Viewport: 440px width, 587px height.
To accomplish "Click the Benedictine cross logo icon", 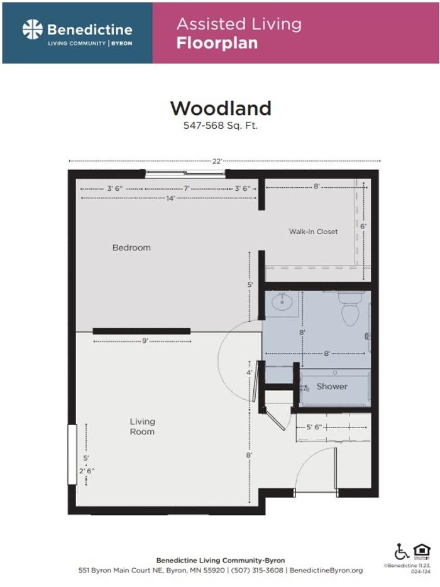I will pyautogui.click(x=33, y=30).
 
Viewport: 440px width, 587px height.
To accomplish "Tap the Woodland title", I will pyautogui.click(x=221, y=108).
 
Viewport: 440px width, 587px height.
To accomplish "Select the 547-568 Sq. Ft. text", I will pyautogui.click(x=221, y=126).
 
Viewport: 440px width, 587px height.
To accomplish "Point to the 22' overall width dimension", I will pyautogui.click(x=217, y=161).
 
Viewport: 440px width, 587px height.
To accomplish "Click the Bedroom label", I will pyautogui.click(x=131, y=247).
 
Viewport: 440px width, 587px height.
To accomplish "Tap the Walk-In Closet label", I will pyautogui.click(x=313, y=232).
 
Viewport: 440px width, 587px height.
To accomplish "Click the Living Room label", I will pyautogui.click(x=142, y=427).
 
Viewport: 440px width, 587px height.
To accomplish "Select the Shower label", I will pyautogui.click(x=332, y=386).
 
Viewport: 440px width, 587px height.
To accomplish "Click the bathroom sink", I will pyautogui.click(x=282, y=303).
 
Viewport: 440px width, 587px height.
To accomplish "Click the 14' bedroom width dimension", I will pyautogui.click(x=170, y=198).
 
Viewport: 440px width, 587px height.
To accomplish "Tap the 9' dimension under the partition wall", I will pyautogui.click(x=144, y=341).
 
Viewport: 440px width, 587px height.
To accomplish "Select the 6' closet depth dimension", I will pyautogui.click(x=363, y=226).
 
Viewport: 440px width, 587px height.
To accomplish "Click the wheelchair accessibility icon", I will pyautogui.click(x=401, y=552).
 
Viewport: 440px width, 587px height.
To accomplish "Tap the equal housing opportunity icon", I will pyautogui.click(x=422, y=551).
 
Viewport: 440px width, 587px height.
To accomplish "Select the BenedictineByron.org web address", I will pyautogui.click(x=326, y=570).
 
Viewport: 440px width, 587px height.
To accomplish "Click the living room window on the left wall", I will pyautogui.click(x=72, y=454).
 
